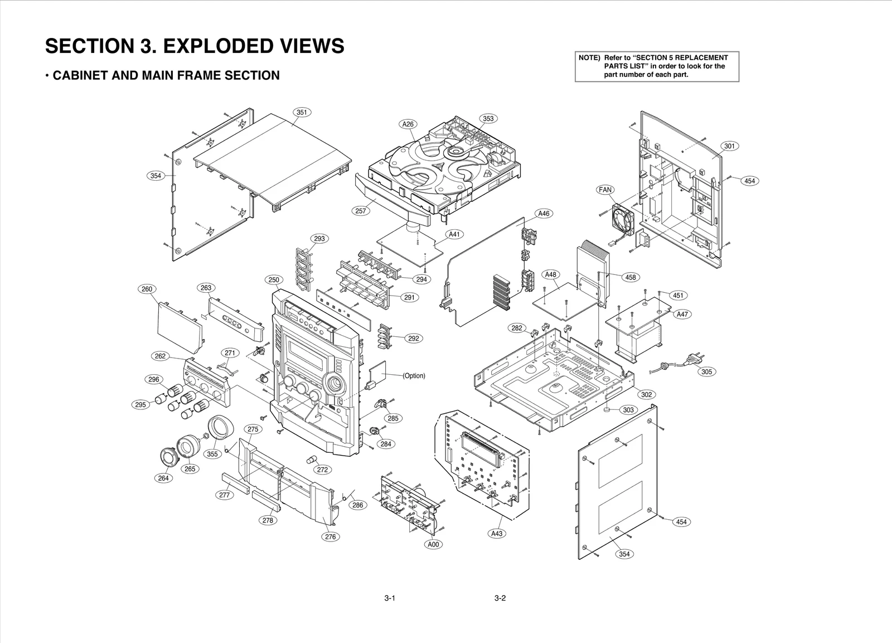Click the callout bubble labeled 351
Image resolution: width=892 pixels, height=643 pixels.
(302, 112)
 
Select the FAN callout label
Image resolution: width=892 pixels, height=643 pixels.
(605, 190)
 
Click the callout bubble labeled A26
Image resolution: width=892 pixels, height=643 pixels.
(409, 124)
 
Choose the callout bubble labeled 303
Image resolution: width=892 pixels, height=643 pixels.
(628, 410)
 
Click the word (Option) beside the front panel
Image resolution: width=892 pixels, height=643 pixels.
(414, 376)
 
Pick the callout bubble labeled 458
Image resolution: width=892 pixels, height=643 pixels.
(631, 277)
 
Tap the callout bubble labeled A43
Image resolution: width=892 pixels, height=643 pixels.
(497, 534)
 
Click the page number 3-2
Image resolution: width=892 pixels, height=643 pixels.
(500, 600)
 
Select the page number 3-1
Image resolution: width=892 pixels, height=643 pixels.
(390, 600)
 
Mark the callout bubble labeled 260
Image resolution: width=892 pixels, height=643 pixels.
(147, 289)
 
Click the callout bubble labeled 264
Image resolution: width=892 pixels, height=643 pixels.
(163, 478)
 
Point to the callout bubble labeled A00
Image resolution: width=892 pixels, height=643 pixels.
(433, 544)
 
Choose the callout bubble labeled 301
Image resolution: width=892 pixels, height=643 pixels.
(730, 146)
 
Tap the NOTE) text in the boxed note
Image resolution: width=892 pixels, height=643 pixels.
(589, 58)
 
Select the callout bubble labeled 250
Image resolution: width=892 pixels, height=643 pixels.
(273, 280)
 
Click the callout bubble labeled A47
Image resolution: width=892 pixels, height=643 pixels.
(682, 314)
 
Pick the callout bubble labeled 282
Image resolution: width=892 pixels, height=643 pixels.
(517, 328)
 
